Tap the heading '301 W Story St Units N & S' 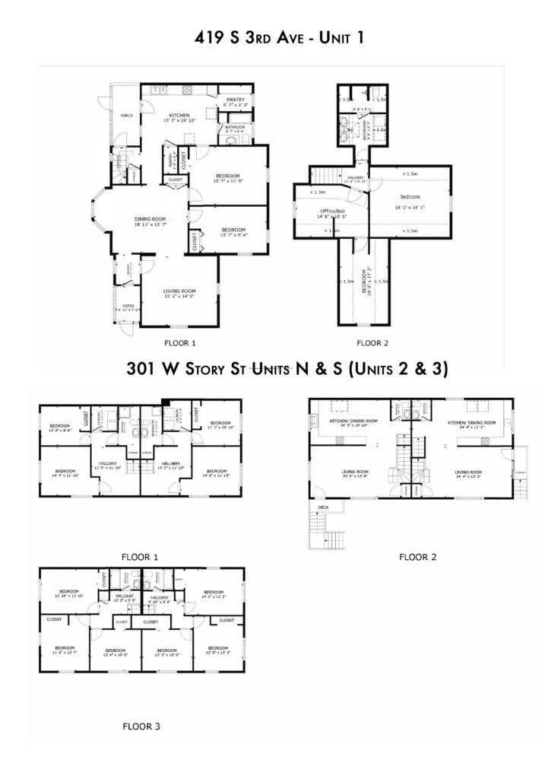[x=288, y=370]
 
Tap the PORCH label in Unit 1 [x=127, y=116]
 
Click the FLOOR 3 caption [x=141, y=727]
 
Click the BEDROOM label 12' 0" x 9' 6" [x=61, y=427]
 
